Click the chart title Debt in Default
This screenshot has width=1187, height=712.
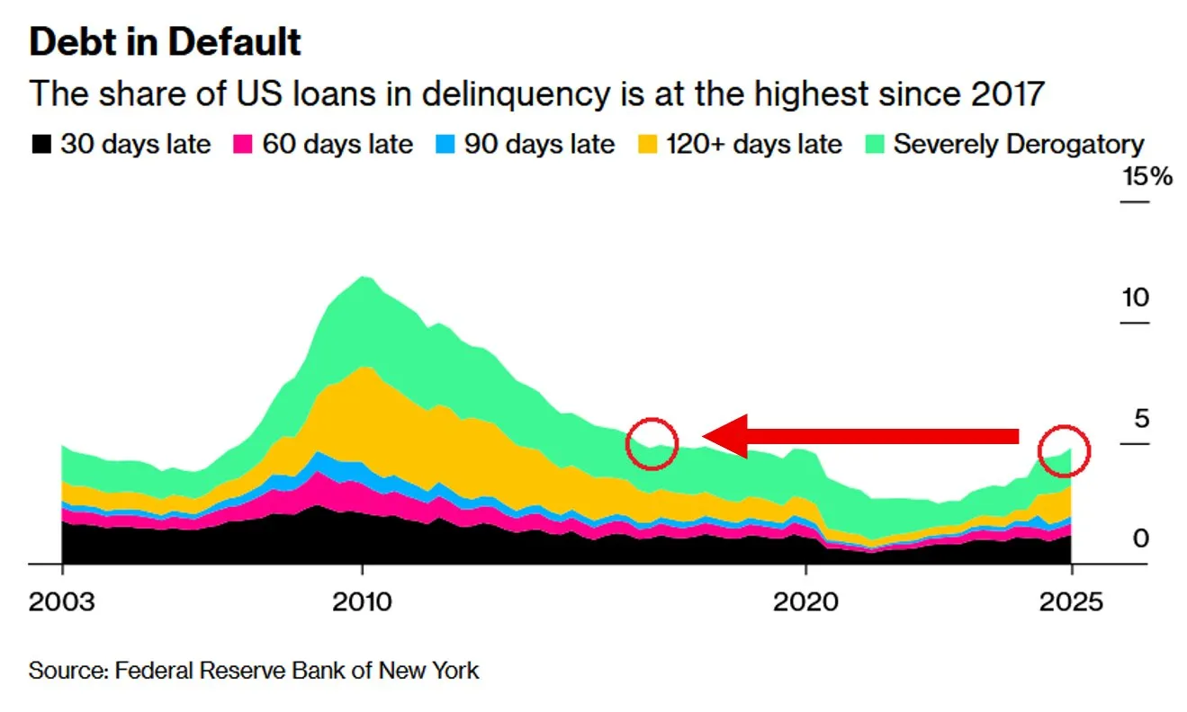coord(165,42)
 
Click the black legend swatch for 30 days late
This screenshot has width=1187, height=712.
coord(41,144)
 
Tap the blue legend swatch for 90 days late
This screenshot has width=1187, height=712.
coord(445,144)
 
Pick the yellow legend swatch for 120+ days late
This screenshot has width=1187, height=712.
coord(647,144)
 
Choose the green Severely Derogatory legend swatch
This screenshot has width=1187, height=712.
coord(874,144)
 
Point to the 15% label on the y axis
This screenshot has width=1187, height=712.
coord(1147,176)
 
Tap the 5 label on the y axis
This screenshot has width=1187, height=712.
coord(1141,418)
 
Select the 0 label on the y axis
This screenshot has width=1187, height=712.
coord(1141,538)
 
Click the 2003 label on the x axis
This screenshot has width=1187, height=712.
coord(61,601)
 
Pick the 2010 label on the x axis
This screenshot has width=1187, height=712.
coord(362,601)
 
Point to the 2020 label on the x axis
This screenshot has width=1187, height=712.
coord(805,601)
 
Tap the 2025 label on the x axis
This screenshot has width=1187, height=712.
coord(1071,601)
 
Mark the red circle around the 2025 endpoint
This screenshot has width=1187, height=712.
coord(1064,449)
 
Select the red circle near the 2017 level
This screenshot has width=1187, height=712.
coord(652,443)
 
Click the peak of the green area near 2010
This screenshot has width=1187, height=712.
coord(363,277)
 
